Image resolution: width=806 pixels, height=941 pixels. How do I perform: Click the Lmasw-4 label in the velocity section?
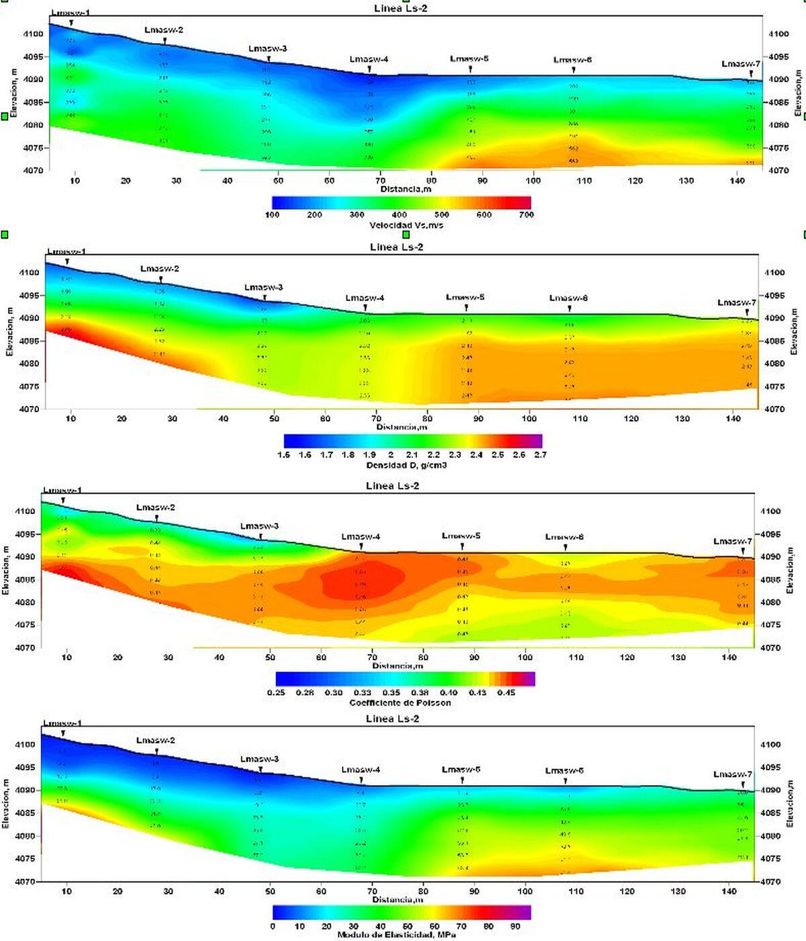369,59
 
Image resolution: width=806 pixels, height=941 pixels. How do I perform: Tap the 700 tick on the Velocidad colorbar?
526,215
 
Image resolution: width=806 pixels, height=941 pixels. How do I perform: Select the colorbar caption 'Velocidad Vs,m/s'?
406,225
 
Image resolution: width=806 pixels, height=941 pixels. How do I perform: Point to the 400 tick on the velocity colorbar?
399,215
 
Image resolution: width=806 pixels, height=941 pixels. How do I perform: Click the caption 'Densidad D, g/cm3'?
406,465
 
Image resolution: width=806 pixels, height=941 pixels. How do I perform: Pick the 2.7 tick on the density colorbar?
540,454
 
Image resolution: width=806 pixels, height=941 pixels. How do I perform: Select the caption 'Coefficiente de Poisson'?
400,702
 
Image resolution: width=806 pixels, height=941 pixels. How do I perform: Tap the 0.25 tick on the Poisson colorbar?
277,692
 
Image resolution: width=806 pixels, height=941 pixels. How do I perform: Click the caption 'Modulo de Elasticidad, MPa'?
401,934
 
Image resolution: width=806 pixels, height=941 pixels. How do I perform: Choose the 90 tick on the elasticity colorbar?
515,926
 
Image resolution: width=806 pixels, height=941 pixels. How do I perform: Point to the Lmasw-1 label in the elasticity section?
62,723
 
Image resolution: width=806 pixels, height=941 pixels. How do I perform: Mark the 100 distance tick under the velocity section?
533,180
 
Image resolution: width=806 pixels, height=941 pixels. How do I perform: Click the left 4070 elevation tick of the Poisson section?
24,648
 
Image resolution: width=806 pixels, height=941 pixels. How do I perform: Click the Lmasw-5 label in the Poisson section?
461,536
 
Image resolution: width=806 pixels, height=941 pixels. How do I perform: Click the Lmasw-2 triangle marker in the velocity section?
165,42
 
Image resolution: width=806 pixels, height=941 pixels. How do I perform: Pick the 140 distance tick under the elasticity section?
729,891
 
